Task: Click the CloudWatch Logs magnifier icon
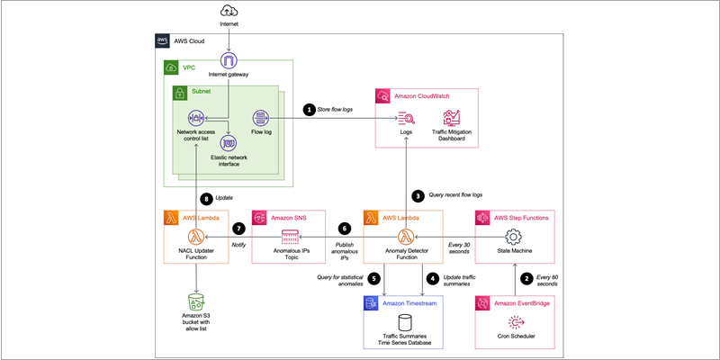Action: [x=407, y=118]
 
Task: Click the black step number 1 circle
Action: [x=310, y=109]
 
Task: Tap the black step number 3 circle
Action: [x=418, y=193]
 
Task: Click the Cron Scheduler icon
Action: [x=515, y=323]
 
